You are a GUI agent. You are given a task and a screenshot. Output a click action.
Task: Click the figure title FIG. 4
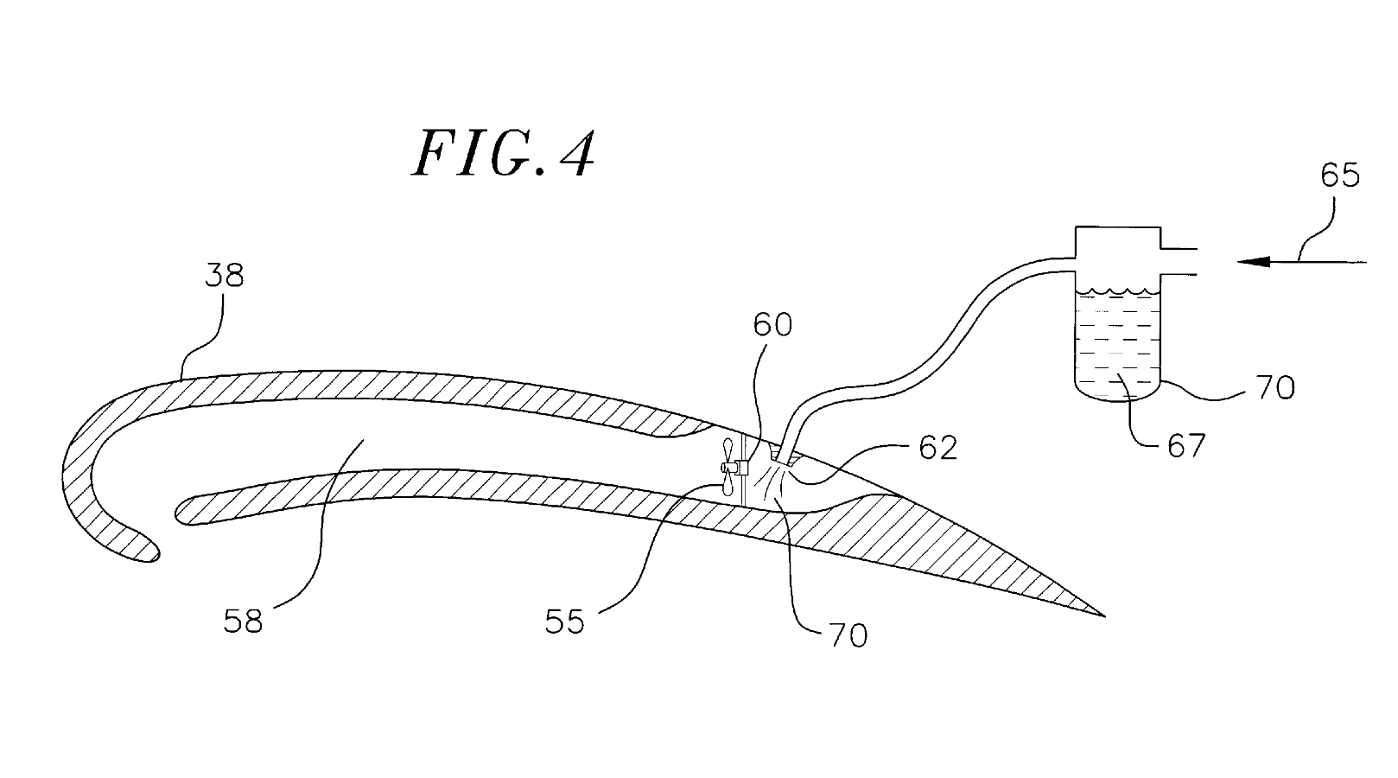pyautogui.click(x=504, y=154)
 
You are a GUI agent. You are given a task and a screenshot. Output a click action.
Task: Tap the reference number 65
pyautogui.click(x=1340, y=175)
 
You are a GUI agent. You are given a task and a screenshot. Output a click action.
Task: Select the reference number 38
pyautogui.click(x=225, y=276)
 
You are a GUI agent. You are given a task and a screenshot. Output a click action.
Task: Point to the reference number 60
pyautogui.click(x=772, y=324)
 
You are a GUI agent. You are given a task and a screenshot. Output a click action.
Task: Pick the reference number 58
pyautogui.click(x=243, y=621)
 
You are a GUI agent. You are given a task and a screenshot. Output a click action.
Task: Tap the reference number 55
pyautogui.click(x=565, y=621)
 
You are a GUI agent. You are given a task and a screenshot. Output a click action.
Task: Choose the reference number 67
pyautogui.click(x=1185, y=446)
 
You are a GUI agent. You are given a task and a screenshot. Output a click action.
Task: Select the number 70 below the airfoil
pyautogui.click(x=848, y=635)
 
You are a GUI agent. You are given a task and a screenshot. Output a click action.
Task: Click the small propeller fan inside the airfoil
pyautogui.click(x=728, y=467)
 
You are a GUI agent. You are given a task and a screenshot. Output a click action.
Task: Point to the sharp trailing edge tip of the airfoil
pyautogui.click(x=1103, y=614)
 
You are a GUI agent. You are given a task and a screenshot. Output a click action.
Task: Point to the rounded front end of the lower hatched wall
pyautogui.click(x=181, y=512)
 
